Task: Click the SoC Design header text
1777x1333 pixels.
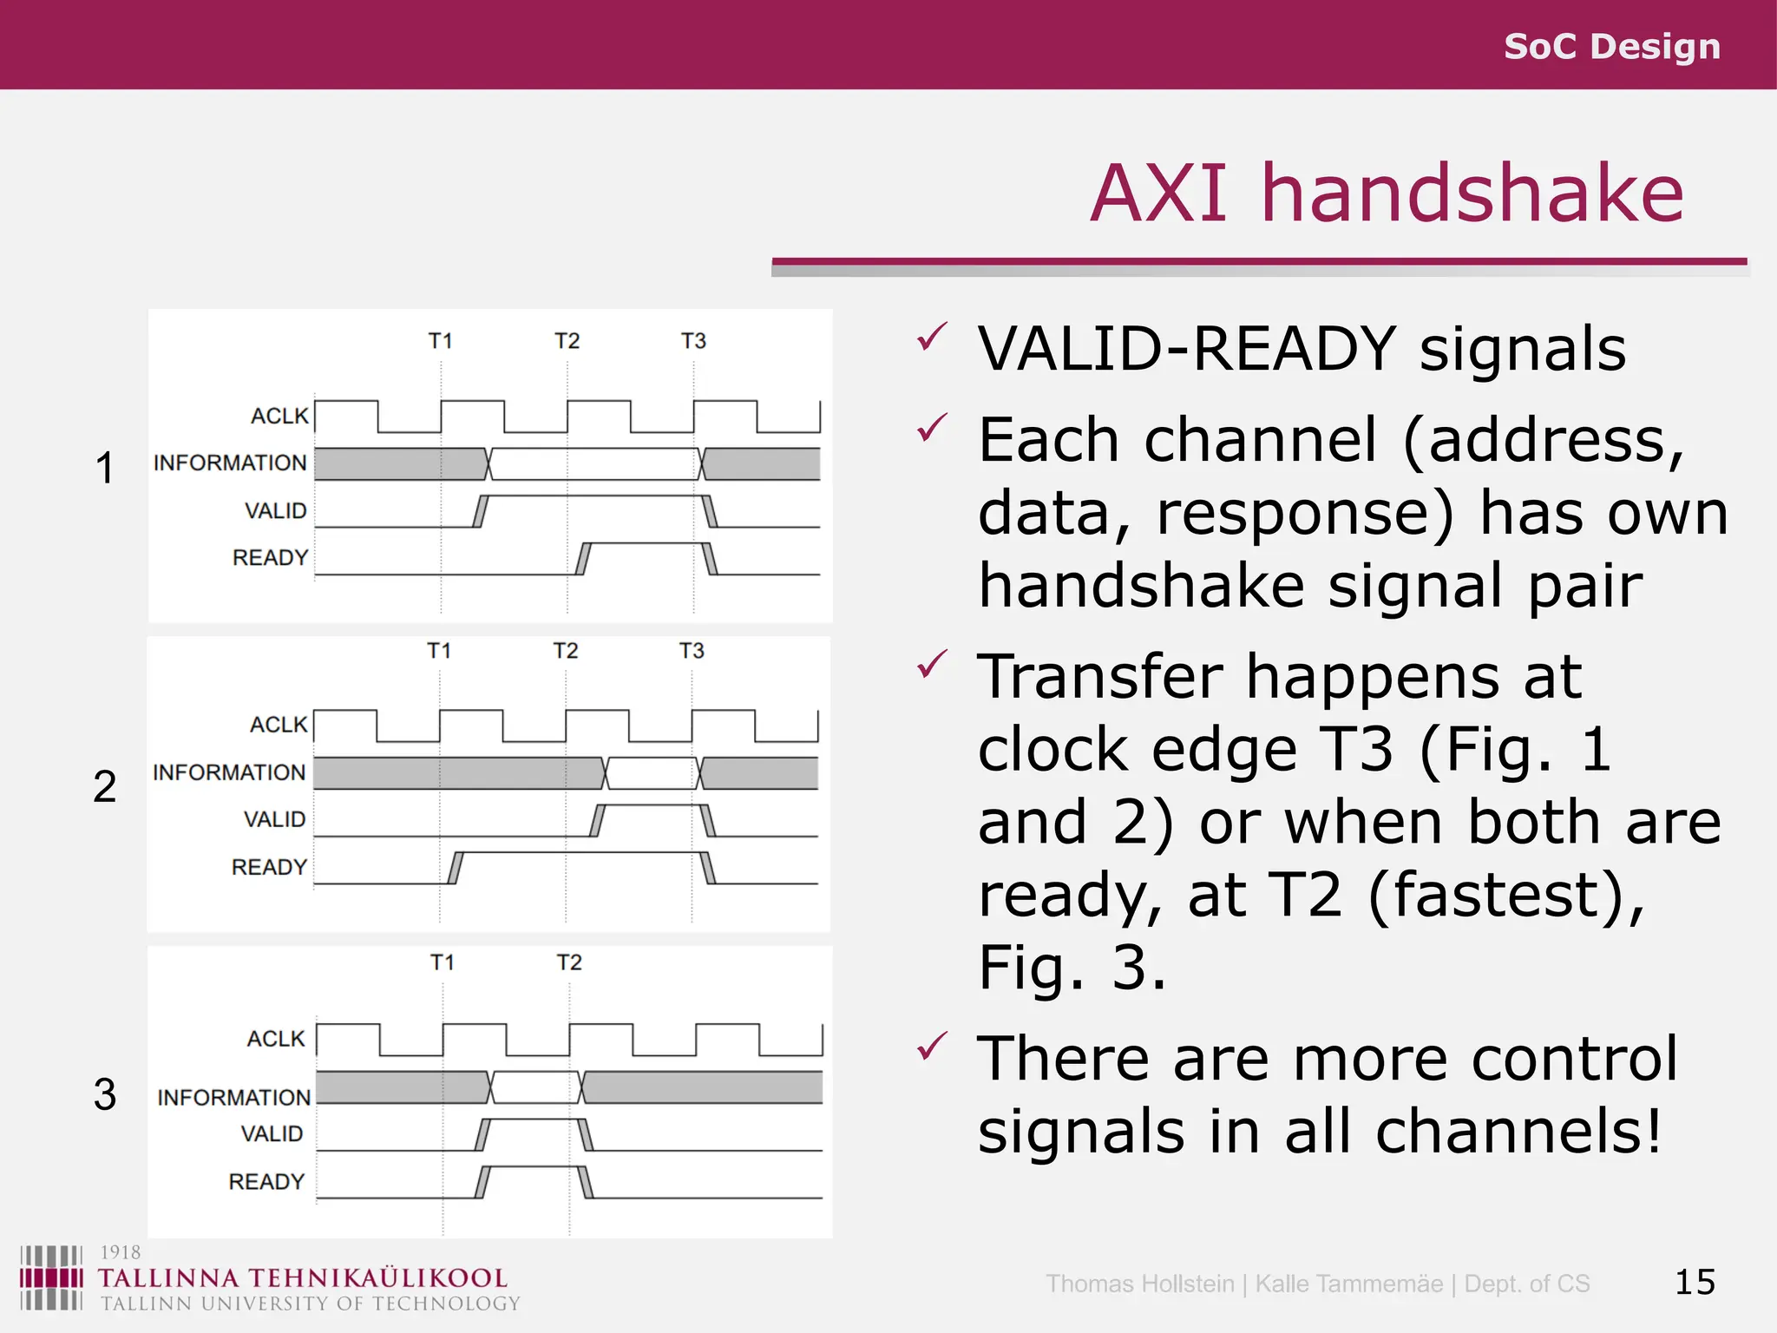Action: pyautogui.click(x=1611, y=46)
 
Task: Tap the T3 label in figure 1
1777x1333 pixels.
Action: pyautogui.click(x=693, y=341)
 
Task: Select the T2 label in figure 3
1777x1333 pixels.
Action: pyautogui.click(x=569, y=962)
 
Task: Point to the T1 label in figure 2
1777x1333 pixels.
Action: pyautogui.click(x=439, y=651)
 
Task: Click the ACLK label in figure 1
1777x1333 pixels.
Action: pyautogui.click(x=279, y=417)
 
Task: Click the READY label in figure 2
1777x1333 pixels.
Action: pyautogui.click(x=269, y=867)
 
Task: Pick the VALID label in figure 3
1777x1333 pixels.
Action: pyautogui.click(x=272, y=1134)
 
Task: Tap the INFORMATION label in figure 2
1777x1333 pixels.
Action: pyautogui.click(x=229, y=772)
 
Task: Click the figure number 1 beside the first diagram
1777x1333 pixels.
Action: pyautogui.click(x=104, y=469)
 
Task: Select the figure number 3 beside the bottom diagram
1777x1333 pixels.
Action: pyautogui.click(x=104, y=1094)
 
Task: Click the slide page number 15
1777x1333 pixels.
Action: pyautogui.click(x=1695, y=1282)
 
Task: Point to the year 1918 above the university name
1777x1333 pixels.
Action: pyautogui.click(x=120, y=1252)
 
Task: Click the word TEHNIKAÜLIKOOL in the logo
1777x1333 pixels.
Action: pyautogui.click(x=377, y=1278)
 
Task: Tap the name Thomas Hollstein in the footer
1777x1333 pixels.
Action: pyautogui.click(x=1139, y=1284)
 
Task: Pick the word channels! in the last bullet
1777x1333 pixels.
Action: pyautogui.click(x=1518, y=1131)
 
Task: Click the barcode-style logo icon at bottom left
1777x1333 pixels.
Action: pyautogui.click(x=51, y=1277)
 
